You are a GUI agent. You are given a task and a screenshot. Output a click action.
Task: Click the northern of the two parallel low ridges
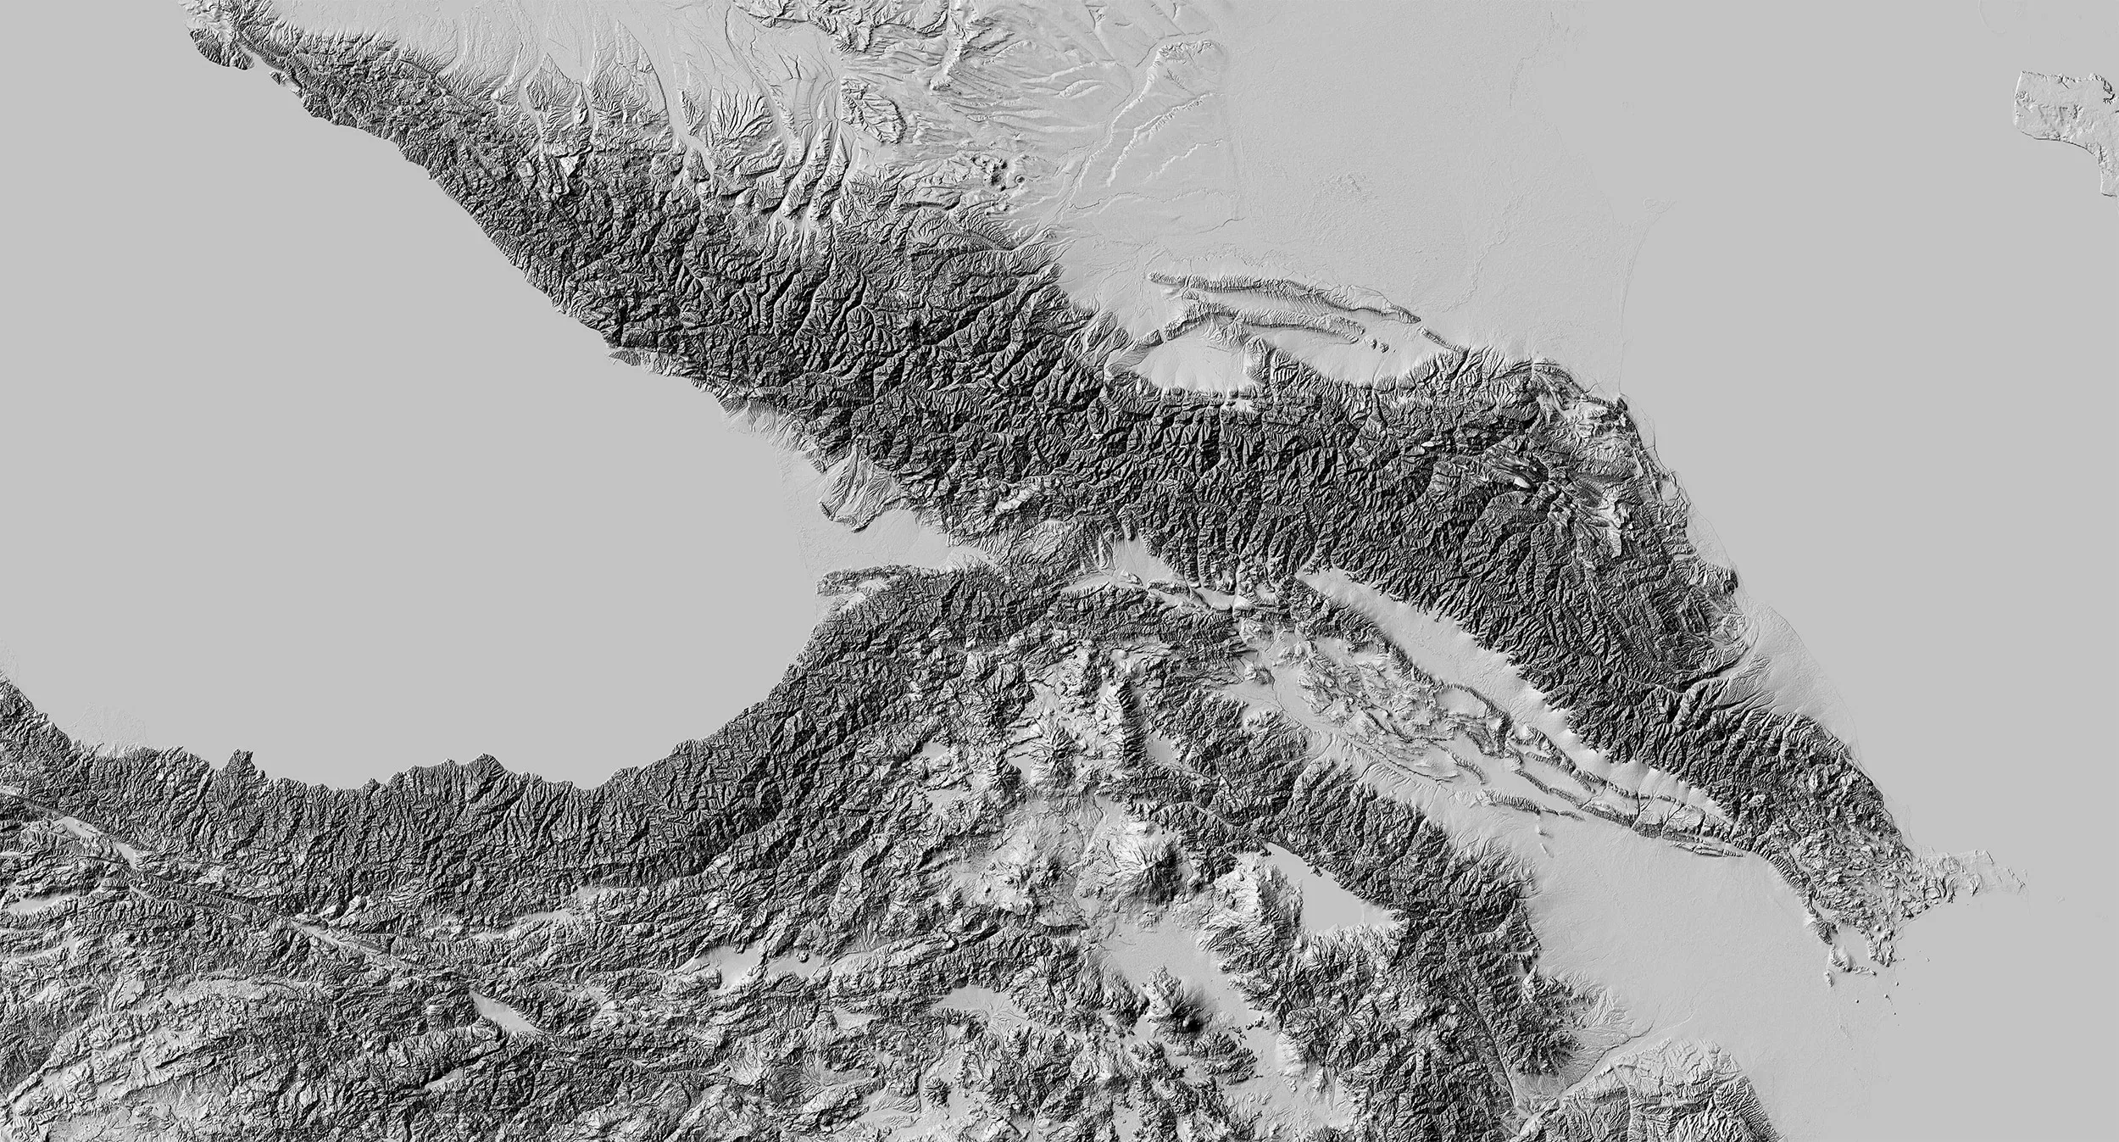pyautogui.click(x=1271, y=288)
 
